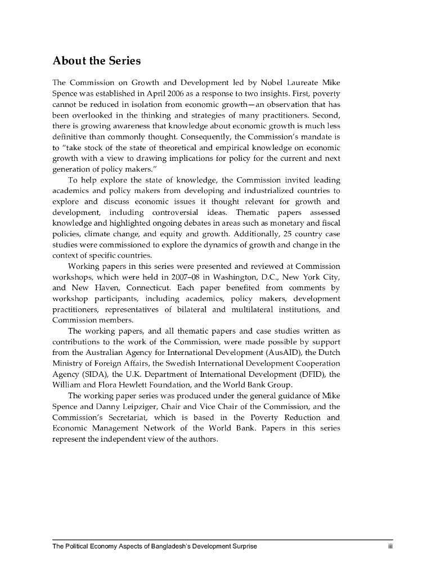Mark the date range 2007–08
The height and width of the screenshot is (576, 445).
[179, 277]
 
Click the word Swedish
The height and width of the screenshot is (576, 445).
[170, 363]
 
